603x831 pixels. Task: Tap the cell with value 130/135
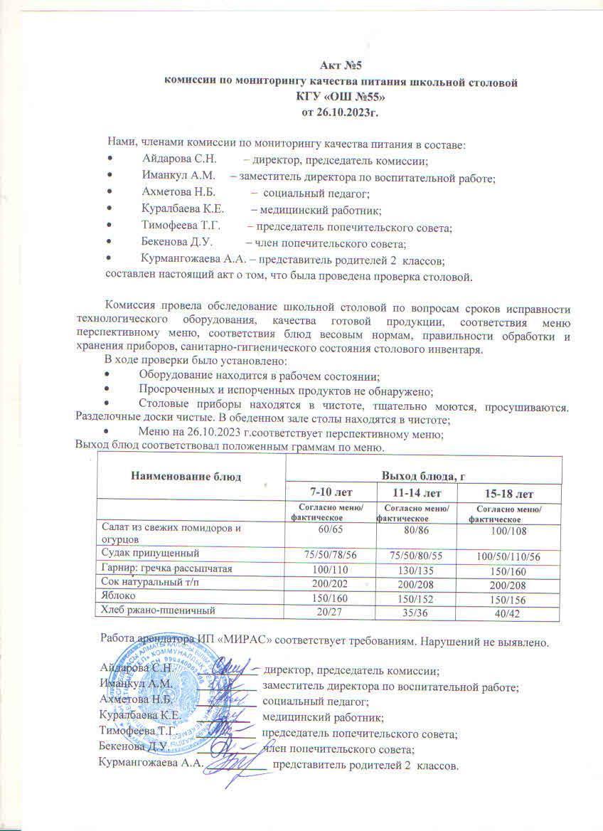pyautogui.click(x=416, y=569)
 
